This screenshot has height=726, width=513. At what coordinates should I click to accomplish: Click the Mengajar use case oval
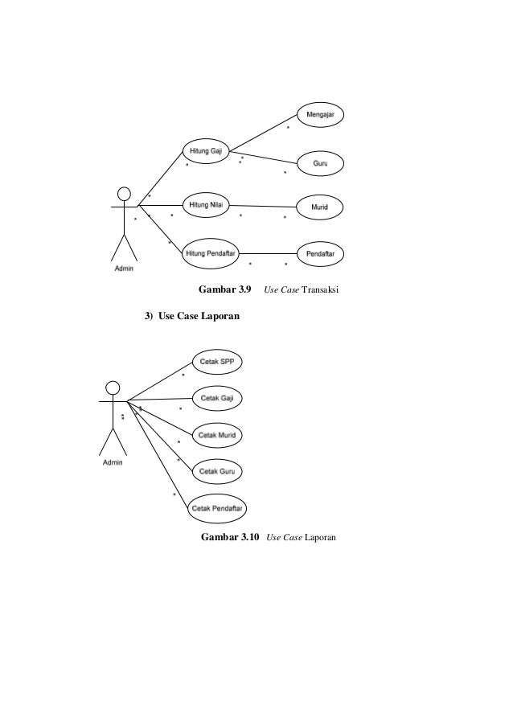[322, 115]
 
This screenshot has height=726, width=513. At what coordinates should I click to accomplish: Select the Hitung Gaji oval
[206, 151]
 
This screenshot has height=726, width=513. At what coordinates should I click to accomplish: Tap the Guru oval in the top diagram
[320, 163]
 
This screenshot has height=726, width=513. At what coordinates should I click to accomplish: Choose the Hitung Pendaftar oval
[210, 253]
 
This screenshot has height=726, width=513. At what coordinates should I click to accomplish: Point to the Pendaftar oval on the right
[321, 254]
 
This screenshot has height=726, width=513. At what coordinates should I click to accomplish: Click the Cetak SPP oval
[217, 361]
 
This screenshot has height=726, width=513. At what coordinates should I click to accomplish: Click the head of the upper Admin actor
[124, 194]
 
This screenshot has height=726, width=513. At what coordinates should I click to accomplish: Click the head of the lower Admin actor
[113, 386]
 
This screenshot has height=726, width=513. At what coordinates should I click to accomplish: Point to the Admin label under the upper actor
[122, 269]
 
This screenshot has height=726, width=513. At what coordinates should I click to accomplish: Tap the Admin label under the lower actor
[113, 463]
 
